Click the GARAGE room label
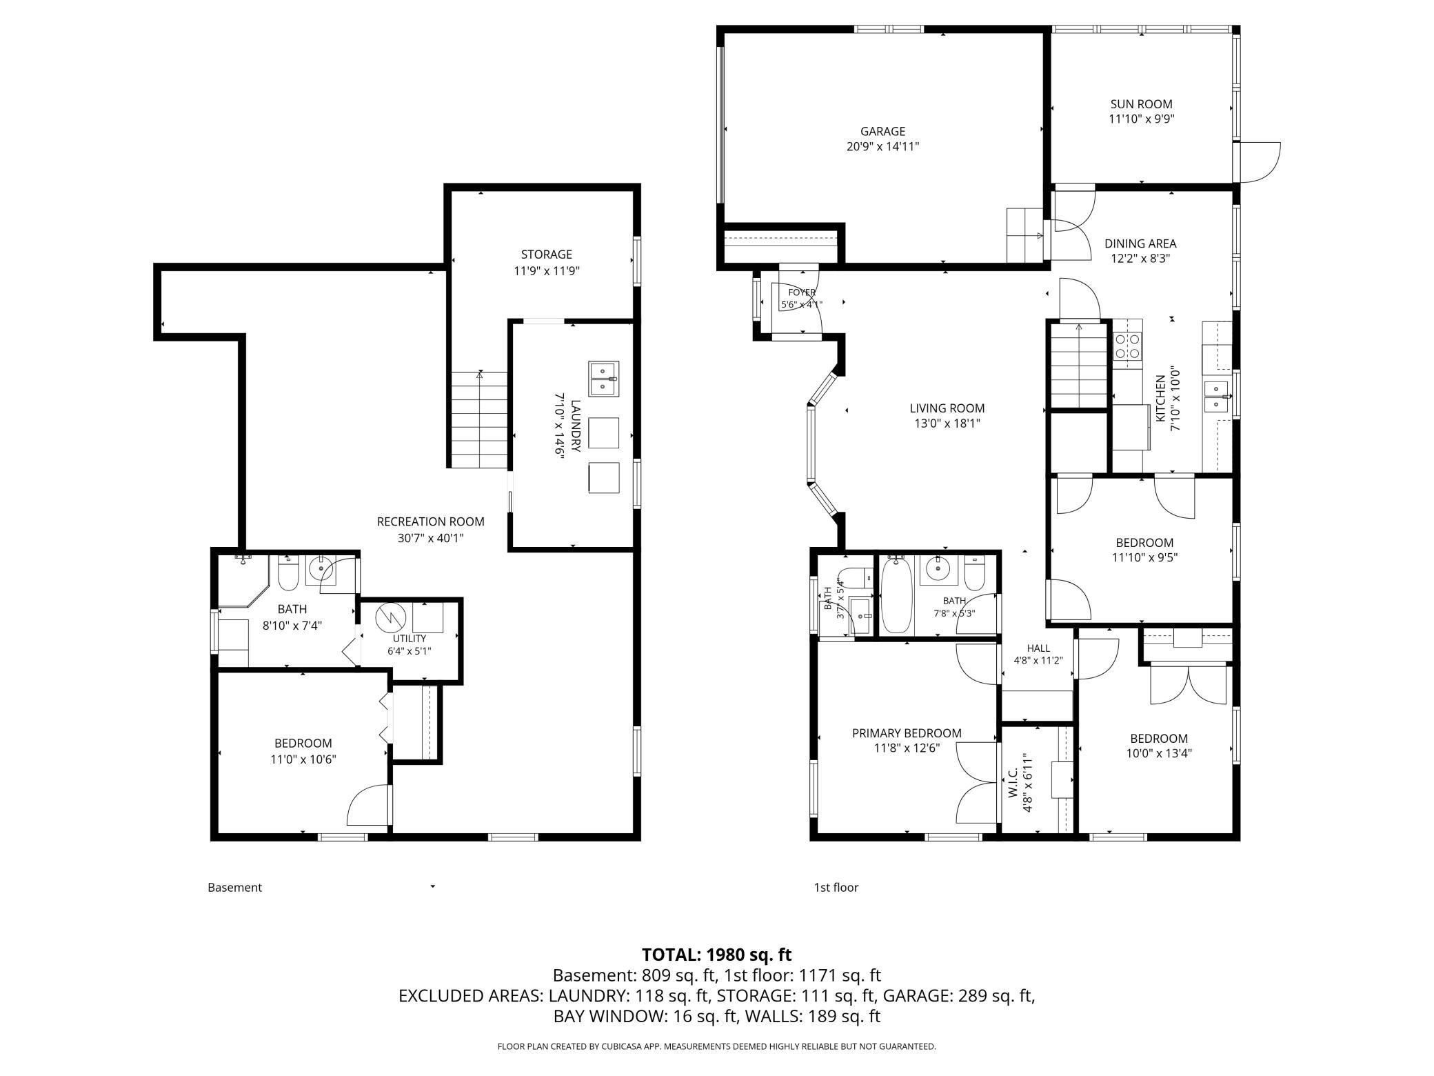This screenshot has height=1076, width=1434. coord(882,131)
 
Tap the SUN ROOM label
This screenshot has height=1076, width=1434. coord(1141,104)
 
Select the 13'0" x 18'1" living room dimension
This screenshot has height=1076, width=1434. coord(947,423)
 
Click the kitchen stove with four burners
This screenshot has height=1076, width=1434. coord(1127,346)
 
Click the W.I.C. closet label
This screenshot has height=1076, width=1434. coord(1013,785)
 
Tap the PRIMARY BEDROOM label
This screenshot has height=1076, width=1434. coord(907,733)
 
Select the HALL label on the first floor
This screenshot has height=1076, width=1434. coord(1038,648)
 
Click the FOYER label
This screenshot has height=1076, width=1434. coord(802,292)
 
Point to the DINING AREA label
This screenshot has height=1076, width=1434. coord(1140,243)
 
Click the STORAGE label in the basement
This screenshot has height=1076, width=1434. coord(547,255)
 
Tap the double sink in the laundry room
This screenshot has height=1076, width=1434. coord(604,379)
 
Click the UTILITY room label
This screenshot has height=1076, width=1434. coord(410,639)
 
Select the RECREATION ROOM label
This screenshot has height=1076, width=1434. coord(431,522)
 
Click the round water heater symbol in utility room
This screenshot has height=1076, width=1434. coord(388,617)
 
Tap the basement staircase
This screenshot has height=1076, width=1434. coord(479,419)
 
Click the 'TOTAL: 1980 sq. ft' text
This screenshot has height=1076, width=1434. coord(717,955)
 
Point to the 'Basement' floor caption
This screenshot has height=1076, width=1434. coord(235,888)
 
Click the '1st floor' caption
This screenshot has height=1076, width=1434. coord(836,888)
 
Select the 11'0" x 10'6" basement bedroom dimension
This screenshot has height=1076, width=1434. coord(303,759)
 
